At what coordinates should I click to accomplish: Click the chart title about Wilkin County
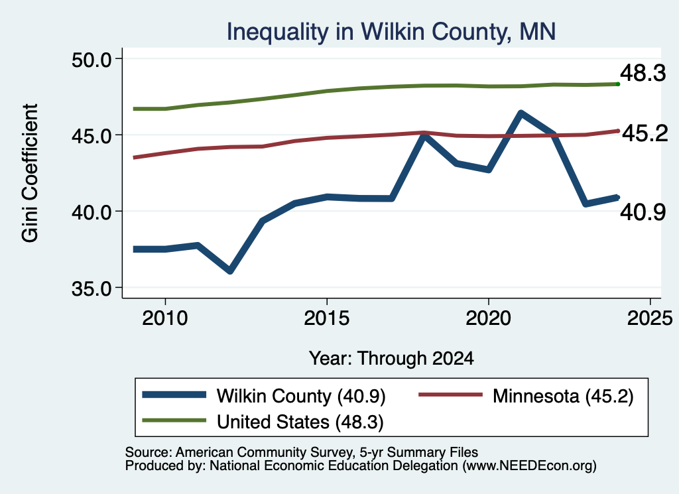pyautogui.click(x=391, y=32)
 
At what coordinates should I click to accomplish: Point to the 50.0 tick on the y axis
pyautogui.click(x=92, y=59)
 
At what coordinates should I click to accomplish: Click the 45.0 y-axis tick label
pyautogui.click(x=92, y=135)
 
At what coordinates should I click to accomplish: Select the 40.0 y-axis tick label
pyautogui.click(x=92, y=212)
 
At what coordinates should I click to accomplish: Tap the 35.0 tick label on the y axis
pyautogui.click(x=92, y=288)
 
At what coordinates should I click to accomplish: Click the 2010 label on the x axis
pyautogui.click(x=165, y=318)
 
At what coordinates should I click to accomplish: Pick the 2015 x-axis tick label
pyautogui.click(x=326, y=318)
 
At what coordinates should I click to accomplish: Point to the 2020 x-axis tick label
pyautogui.click(x=488, y=318)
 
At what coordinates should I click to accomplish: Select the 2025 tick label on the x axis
pyautogui.click(x=650, y=318)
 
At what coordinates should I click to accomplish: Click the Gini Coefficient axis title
pyautogui.click(x=30, y=173)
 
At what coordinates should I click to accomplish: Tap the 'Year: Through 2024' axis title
pyautogui.click(x=391, y=359)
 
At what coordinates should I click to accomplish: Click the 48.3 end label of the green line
pyautogui.click(x=643, y=73)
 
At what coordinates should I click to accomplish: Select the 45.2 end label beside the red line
pyautogui.click(x=645, y=134)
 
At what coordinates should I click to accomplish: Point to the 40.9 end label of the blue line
pyautogui.click(x=643, y=212)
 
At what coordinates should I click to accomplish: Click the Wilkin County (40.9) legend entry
pyautogui.click(x=264, y=396)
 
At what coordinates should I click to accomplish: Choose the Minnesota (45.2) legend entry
pyautogui.click(x=526, y=396)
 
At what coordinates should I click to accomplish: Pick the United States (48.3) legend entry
pyautogui.click(x=263, y=422)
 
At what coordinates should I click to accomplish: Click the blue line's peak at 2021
pyautogui.click(x=521, y=113)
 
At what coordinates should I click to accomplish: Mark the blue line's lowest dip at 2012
pyautogui.click(x=230, y=271)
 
